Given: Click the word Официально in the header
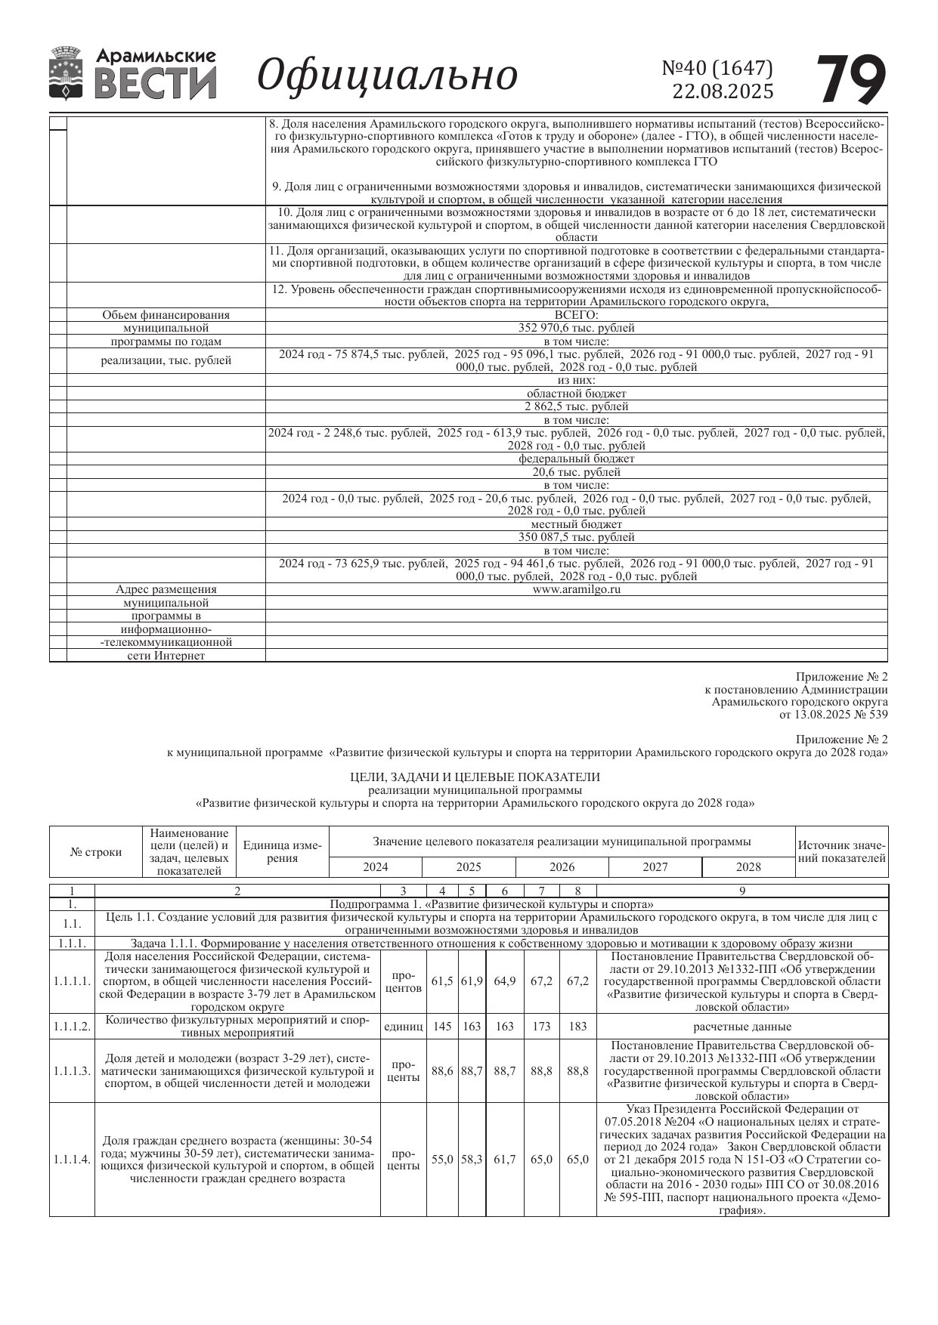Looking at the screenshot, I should pyautogui.click(x=387, y=75).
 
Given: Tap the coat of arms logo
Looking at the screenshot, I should pyautogui.click(x=67, y=73).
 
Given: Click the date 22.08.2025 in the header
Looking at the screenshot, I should pyautogui.click(x=723, y=91).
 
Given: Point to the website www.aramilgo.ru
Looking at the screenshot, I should pyautogui.click(x=576, y=589).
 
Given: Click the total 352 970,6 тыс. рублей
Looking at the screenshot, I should pyautogui.click(x=576, y=328).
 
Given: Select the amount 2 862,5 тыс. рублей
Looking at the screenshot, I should pyautogui.click(x=576, y=406).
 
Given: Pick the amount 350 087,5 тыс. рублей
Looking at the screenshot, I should pyautogui.click(x=576, y=537).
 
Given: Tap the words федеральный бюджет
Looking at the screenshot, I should pyautogui.click(x=576, y=459).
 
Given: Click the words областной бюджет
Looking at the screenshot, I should pyautogui.click(x=576, y=394).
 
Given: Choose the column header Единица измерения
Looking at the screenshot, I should pyautogui.click(x=283, y=851).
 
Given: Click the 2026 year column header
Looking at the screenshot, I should pyautogui.click(x=562, y=867).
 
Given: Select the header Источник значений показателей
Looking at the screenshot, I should pyautogui.click(x=842, y=851).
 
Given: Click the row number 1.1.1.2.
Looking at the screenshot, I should pyautogui.click(x=72, y=1027).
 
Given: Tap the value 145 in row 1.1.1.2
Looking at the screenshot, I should pyautogui.click(x=442, y=1027).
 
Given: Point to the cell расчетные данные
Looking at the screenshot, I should pyautogui.click(x=742, y=1027).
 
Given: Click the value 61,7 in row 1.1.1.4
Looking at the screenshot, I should pyautogui.click(x=504, y=1159).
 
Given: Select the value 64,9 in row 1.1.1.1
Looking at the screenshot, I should pyautogui.click(x=504, y=981).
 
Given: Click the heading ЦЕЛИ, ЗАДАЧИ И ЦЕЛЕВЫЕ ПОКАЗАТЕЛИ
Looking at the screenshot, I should pyautogui.click(x=475, y=777).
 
